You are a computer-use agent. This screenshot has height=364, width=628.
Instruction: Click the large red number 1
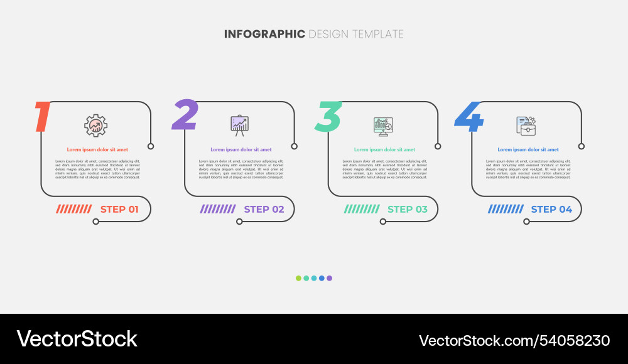tap(42, 117)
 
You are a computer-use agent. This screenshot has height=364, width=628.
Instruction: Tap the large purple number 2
tap(185, 115)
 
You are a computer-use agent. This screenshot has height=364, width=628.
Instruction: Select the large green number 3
tap(328, 117)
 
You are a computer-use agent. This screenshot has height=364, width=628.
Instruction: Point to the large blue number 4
tap(470, 117)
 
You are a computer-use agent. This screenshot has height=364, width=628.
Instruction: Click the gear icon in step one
tap(96, 126)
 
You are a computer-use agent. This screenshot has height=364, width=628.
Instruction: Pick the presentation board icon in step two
tap(239, 126)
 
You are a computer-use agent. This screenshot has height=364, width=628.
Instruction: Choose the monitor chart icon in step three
tap(383, 126)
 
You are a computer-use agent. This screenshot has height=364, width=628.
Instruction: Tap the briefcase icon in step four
tap(526, 126)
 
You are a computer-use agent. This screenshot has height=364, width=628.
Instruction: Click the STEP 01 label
tap(119, 209)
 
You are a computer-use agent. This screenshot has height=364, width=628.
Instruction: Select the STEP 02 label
tap(264, 209)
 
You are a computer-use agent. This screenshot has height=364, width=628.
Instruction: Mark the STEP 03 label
tap(408, 209)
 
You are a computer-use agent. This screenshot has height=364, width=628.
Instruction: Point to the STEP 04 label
tap(551, 209)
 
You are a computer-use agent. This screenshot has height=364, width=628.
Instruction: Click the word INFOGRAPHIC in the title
tap(264, 34)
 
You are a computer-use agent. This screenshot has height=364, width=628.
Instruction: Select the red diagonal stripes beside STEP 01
tap(74, 209)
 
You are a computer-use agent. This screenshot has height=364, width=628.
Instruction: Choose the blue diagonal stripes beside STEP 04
tap(506, 209)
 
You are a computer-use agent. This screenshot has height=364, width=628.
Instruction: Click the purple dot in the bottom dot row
tap(329, 278)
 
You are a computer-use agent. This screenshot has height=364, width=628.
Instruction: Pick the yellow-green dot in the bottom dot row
tap(299, 278)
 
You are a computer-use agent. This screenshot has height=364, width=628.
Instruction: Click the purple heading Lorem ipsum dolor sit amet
tap(241, 150)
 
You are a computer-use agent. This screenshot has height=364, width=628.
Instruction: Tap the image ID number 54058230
tap(573, 341)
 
